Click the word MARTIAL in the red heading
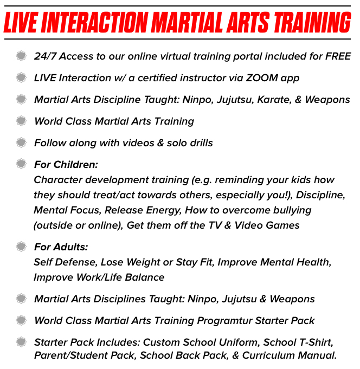tap(187, 23)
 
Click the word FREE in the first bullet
tap(338, 56)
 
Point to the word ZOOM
tap(262, 78)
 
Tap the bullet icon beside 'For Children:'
tap(21, 164)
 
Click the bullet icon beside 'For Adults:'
tap(21, 247)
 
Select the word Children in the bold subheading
tap(75, 165)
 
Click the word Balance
tap(145, 277)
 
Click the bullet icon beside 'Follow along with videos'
tap(21, 143)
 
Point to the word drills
tap(201, 143)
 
